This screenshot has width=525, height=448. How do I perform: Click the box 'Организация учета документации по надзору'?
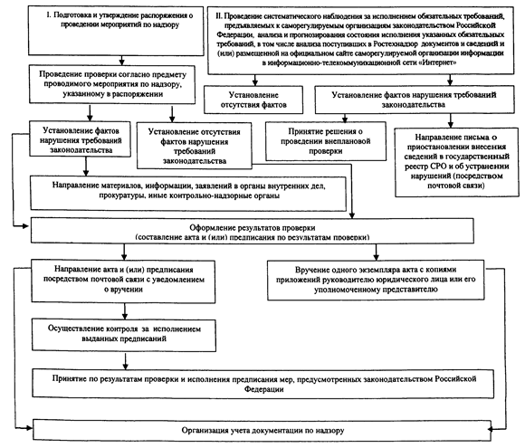(x=262, y=430)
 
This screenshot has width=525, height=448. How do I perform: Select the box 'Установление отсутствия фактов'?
(x=253, y=100)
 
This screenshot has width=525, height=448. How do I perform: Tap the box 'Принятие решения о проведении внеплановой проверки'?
(x=326, y=141)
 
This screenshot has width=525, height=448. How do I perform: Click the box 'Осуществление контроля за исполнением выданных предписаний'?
(x=124, y=335)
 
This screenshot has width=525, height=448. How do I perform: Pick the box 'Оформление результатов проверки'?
(x=253, y=231)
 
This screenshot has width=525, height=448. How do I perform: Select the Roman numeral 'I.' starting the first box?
(x=49, y=15)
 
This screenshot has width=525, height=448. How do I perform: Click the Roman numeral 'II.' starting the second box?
(x=219, y=16)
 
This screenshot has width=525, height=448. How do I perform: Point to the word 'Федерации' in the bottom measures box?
(x=263, y=389)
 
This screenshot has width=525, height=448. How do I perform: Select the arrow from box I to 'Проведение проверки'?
(x=121, y=60)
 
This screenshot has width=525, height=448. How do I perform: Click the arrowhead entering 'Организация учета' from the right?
(x=491, y=429)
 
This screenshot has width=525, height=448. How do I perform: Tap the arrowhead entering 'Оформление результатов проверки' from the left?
(x=26, y=226)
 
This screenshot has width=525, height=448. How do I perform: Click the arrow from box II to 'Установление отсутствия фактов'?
(x=255, y=80)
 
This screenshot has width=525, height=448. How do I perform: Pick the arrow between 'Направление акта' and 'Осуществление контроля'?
(x=125, y=311)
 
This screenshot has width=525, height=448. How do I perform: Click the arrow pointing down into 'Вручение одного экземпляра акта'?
(x=376, y=252)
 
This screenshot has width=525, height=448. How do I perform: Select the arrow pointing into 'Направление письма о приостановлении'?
(x=451, y=120)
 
